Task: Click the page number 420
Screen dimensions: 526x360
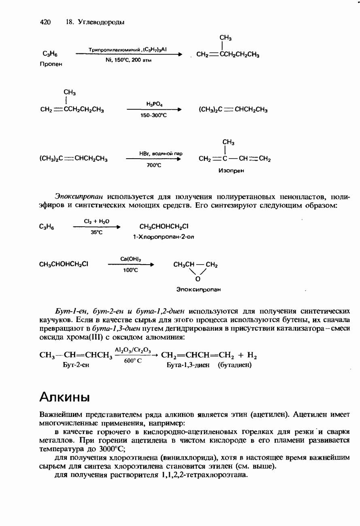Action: [x=45, y=22]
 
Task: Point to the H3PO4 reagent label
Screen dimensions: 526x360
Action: [x=154, y=104]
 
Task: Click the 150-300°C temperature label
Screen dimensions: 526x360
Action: [x=154, y=115]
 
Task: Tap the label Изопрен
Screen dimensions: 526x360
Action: [x=231, y=171]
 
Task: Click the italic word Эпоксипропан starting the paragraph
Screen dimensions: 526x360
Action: [x=80, y=197]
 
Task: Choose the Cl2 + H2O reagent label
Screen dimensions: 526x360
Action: [x=96, y=221]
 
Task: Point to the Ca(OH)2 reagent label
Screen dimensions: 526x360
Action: [x=128, y=259]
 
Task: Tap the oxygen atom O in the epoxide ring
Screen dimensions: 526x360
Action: [x=198, y=279]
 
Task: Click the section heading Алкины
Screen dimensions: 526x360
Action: [x=64, y=397]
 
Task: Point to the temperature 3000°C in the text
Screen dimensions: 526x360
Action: [x=106, y=449]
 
